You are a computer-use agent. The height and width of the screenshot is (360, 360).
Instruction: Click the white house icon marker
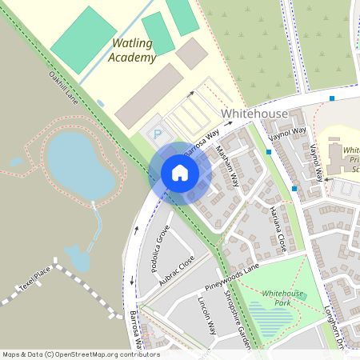point(180,173)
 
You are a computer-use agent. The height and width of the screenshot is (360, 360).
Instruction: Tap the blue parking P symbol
point(158,134)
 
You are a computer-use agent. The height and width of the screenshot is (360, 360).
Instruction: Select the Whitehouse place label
point(254,114)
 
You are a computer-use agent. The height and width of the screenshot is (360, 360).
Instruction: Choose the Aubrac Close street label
point(177,272)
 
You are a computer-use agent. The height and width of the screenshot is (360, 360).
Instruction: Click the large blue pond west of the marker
point(80,164)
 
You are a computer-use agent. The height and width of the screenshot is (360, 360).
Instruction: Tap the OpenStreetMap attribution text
point(80,354)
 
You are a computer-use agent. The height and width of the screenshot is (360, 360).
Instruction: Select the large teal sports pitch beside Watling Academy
point(84,36)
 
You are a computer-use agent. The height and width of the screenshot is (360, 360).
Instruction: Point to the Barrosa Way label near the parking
point(201,142)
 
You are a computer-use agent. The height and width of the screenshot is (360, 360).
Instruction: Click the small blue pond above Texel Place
point(77,258)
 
